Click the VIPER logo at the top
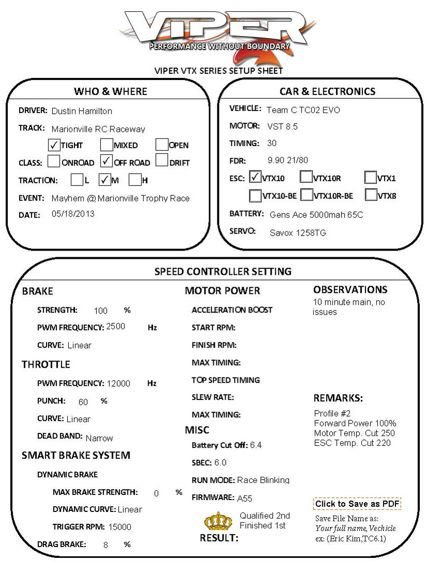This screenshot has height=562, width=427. tap(213, 31)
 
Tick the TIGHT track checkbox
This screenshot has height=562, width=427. tap(54, 145)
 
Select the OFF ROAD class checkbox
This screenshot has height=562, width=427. tap(107, 162)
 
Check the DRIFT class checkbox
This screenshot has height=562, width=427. tap(162, 162)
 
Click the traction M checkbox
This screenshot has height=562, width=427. tap(105, 180)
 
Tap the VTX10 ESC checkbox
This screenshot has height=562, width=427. tap(255, 178)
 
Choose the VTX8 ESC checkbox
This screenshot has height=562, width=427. tap(370, 195)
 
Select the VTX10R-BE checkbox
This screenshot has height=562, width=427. tap(306, 195)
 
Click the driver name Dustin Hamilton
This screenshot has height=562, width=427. tap(82, 111)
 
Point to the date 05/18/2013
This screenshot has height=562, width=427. tap(73, 214)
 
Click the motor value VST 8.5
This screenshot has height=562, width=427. tap(282, 127)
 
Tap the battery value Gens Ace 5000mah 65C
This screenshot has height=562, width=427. tap(316, 214)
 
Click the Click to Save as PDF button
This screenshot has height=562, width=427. tap(357, 504)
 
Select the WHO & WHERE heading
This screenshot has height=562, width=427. tap(110, 91)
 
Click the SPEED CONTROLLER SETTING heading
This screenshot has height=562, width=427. tap(223, 271)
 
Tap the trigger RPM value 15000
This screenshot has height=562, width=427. tap(120, 527)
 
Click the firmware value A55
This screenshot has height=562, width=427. tap(245, 498)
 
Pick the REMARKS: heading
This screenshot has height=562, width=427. tap(338, 398)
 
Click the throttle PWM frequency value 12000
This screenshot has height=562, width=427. tap(119, 384)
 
